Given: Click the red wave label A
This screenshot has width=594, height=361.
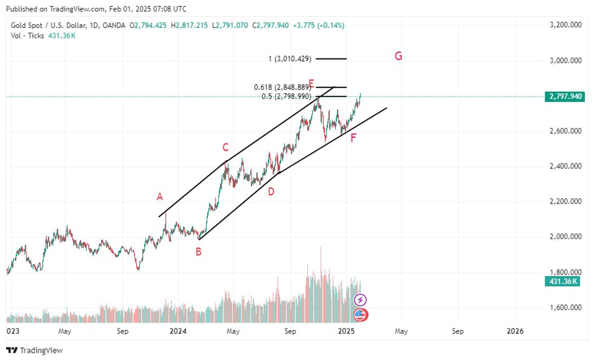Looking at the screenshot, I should pyautogui.click(x=160, y=196).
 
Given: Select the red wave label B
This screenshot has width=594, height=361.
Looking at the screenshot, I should pyautogui.click(x=198, y=250).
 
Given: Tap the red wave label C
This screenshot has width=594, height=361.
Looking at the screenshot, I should pyautogui.click(x=225, y=147).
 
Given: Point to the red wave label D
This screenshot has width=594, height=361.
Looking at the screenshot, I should pyautogui.click(x=271, y=191).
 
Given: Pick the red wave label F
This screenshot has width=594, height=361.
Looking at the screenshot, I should pyautogui.click(x=353, y=138).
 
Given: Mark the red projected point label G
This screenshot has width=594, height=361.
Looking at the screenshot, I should pyautogui.click(x=398, y=56).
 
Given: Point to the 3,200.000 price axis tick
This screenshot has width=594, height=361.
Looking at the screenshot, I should pyautogui.click(x=565, y=25).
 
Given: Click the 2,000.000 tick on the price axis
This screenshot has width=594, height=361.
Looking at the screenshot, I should pyautogui.click(x=565, y=237).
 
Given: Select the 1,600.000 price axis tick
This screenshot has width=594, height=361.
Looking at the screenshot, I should pyautogui.click(x=565, y=307).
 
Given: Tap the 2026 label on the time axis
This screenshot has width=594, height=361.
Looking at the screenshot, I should pyautogui.click(x=515, y=331).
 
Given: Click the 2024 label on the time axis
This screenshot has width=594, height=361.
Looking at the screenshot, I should pyautogui.click(x=178, y=331).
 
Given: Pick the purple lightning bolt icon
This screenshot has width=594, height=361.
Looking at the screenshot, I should pyautogui.click(x=361, y=300).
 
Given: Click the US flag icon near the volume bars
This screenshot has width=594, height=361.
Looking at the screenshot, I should pyautogui.click(x=361, y=315).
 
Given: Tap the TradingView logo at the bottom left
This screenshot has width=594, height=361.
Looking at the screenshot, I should pyautogui.click(x=35, y=351).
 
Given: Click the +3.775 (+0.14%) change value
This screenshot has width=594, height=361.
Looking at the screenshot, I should pyautogui.click(x=318, y=25).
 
